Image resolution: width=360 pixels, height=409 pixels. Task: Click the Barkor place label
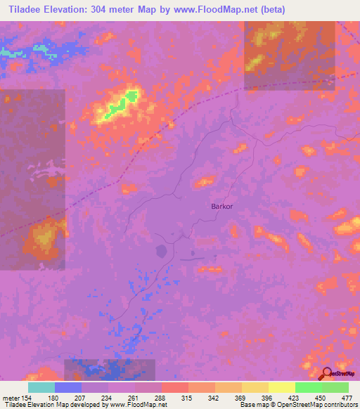tap(221, 207)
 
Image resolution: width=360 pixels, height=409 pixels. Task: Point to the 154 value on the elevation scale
tap(25, 397)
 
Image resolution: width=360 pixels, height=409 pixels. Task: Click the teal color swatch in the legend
tap(41, 387)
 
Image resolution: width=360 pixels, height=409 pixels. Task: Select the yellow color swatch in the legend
tap(281, 387)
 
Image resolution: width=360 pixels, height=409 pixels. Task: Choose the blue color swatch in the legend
tap(68, 387)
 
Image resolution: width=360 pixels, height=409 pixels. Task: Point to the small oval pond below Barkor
tap(162, 251)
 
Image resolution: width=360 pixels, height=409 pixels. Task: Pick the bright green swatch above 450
tap(308, 387)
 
